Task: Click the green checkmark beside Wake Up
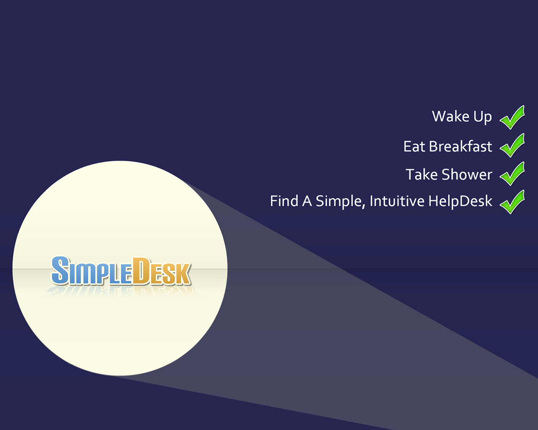512,118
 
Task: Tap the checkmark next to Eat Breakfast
512,145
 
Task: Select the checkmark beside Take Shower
512,174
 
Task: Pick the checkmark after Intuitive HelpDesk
512,202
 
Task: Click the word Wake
451,116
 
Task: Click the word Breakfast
461,146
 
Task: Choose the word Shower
467,174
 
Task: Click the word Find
284,201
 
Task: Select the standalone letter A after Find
307,201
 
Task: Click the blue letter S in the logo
60,270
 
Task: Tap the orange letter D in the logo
141,271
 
